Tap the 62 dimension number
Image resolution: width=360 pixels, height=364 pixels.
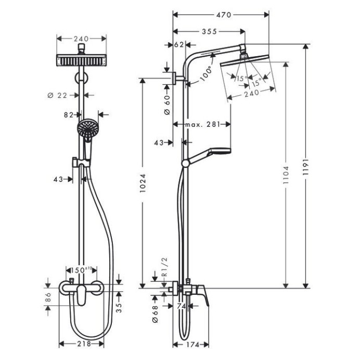click(178, 45)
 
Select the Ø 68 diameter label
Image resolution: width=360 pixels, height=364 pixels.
click(155, 313)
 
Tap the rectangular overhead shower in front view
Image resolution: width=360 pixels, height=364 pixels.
click(82, 59)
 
